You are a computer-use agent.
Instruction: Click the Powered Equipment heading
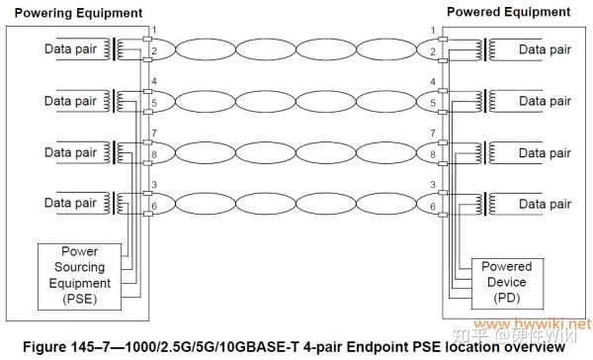point(508,12)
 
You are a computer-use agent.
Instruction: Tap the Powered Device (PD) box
point(506,282)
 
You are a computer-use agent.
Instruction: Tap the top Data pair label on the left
point(70,48)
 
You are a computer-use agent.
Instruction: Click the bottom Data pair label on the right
point(546,203)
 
